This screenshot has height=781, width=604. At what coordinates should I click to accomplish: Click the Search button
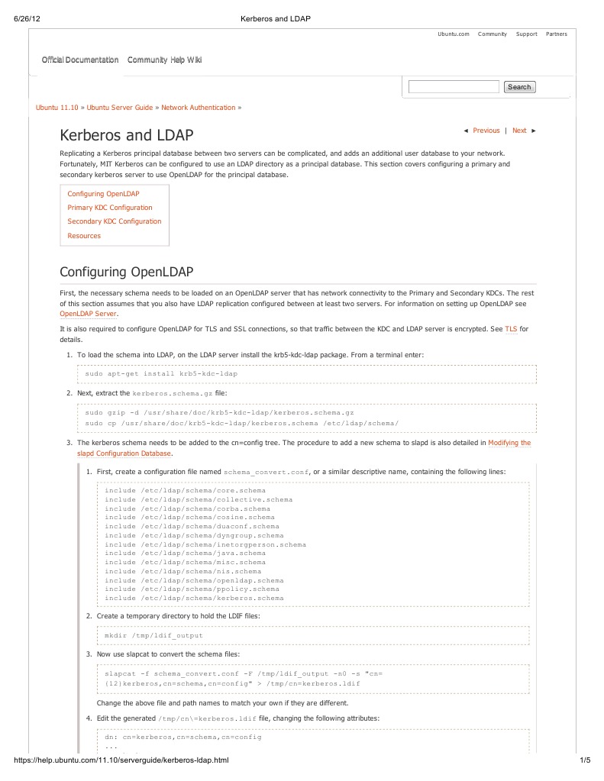click(519, 87)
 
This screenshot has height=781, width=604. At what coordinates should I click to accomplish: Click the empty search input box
click(454, 87)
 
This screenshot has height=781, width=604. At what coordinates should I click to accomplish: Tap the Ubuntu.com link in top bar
click(453, 34)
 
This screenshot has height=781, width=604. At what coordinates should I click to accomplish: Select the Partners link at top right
click(556, 34)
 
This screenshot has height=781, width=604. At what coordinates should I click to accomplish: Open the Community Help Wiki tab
click(164, 60)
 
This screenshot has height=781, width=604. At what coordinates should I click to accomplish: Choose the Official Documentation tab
click(80, 60)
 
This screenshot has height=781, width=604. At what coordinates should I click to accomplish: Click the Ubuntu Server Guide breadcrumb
click(120, 108)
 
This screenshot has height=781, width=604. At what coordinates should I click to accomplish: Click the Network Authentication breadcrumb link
click(199, 108)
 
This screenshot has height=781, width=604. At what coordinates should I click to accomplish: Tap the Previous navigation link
click(486, 131)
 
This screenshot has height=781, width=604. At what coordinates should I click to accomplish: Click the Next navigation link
click(519, 131)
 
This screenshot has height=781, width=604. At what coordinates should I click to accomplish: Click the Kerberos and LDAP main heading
click(127, 136)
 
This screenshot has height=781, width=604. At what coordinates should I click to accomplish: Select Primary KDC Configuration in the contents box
click(110, 208)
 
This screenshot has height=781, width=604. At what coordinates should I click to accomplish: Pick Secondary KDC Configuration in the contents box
click(115, 221)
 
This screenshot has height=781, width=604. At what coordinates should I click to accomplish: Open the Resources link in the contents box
click(84, 236)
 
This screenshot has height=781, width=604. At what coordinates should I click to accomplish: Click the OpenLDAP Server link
click(89, 314)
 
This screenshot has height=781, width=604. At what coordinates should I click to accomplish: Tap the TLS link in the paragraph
click(511, 329)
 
